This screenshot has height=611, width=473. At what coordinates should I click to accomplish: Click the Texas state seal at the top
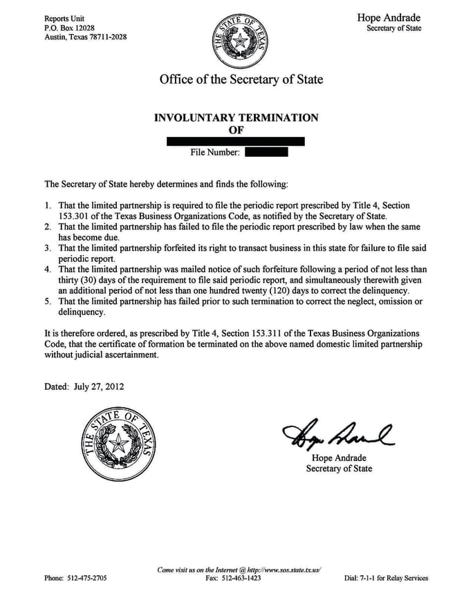pos(240,41)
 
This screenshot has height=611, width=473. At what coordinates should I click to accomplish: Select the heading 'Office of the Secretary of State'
pos(241,79)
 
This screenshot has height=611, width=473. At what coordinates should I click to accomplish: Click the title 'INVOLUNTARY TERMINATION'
pos(236,117)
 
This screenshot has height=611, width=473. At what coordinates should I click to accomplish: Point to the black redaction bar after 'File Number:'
pos(266,152)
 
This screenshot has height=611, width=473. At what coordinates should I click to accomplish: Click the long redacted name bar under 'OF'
pos(236,141)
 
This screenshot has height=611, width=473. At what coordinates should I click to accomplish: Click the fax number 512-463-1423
pos(244,578)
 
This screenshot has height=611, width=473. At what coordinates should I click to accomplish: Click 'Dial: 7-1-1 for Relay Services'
pos(386,578)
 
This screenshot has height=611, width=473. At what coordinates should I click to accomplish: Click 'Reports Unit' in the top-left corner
pos(64,17)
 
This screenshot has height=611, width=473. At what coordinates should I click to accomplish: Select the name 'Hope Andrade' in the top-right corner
pos(389,17)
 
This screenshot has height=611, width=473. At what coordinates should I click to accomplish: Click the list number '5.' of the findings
pos(48,301)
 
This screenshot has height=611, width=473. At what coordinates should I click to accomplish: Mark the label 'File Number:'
pos(214,152)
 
